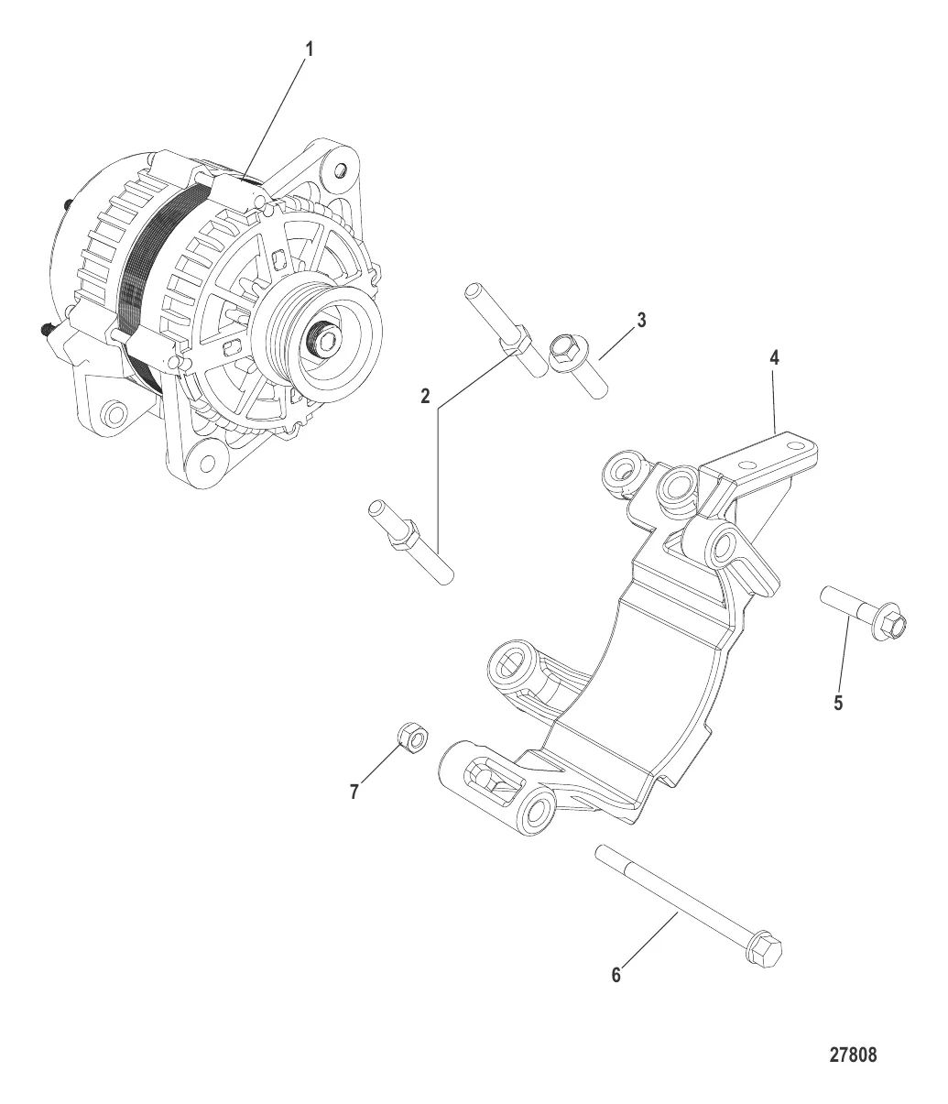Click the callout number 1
[x=309, y=51]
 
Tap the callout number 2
[x=426, y=397]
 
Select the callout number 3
[x=641, y=320]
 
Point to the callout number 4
[x=774, y=357]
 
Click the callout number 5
[x=837, y=704]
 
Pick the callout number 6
[x=616, y=976]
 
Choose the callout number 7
[x=354, y=792]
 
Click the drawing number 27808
[x=853, y=1055]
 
